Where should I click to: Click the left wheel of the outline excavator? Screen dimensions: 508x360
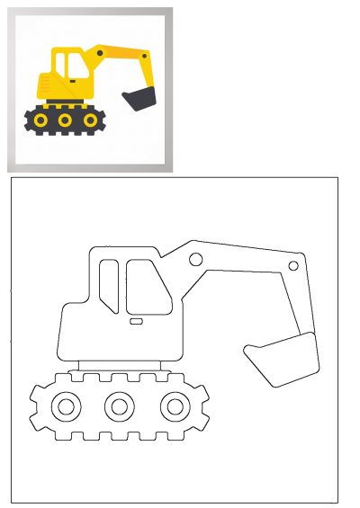(65, 407)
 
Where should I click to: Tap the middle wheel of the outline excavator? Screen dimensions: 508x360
(119, 407)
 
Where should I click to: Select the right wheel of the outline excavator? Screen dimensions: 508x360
(174, 407)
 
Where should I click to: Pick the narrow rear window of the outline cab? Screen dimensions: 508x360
(109, 285)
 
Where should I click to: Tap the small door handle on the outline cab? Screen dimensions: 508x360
(136, 320)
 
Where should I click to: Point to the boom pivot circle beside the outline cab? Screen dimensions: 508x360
(195, 260)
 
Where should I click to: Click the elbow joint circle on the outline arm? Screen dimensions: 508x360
(293, 266)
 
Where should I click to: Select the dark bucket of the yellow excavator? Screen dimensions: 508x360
(140, 98)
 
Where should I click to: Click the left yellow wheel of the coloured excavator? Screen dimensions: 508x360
(40, 119)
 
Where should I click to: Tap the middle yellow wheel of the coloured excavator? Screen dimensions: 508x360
(65, 119)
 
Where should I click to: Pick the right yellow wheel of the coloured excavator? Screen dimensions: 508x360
(91, 119)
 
